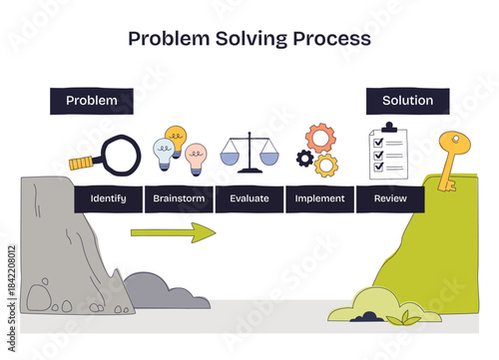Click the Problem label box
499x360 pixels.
91,101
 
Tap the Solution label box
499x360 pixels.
407,101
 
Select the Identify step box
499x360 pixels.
108,198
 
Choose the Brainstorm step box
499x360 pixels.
179,198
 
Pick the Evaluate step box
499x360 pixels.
249,198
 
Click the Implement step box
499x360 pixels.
320,198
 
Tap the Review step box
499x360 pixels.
390,198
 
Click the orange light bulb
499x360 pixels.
176,138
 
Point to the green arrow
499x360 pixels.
173,233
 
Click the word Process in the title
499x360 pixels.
326,39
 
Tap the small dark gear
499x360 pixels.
304,158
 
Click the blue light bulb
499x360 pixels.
163,153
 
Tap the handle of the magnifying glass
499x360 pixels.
81,164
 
